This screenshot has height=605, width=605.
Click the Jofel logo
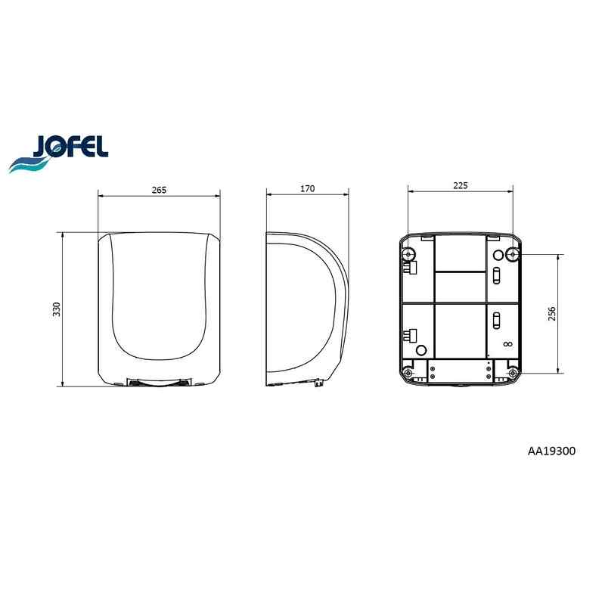pyautogui.click(x=59, y=153)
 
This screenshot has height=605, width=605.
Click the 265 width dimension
pyautogui.click(x=159, y=190)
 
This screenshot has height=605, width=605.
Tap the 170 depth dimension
pyautogui.click(x=308, y=188)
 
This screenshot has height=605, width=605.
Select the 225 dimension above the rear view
pyautogui.click(x=461, y=185)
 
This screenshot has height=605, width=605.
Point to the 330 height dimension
pyautogui.click(x=57, y=309)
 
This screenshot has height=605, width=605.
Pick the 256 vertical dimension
pyautogui.click(x=552, y=314)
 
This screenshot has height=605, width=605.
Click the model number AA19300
pyautogui.click(x=551, y=451)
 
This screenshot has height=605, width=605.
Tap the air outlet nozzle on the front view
pyautogui.click(x=159, y=383)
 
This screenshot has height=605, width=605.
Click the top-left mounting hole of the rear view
pyautogui.click(x=408, y=255)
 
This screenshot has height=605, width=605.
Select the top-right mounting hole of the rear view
pyautogui.click(x=513, y=255)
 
